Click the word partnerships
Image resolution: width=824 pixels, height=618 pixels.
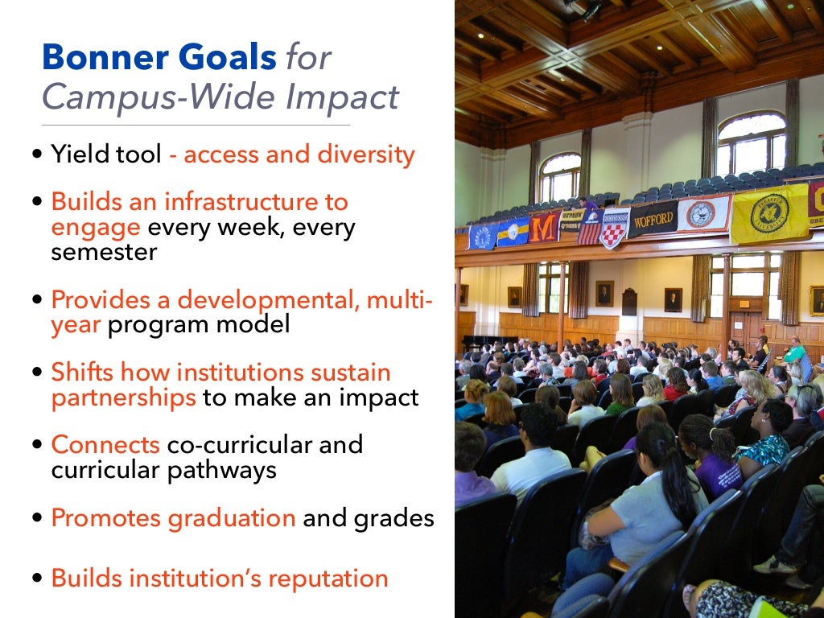(123, 398)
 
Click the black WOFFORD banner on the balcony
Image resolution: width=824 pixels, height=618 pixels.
(651, 219)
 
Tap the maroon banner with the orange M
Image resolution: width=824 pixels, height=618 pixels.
(544, 226)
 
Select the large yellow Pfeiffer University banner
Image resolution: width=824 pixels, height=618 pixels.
(768, 212)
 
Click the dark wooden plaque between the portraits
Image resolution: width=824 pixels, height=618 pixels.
(628, 301)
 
